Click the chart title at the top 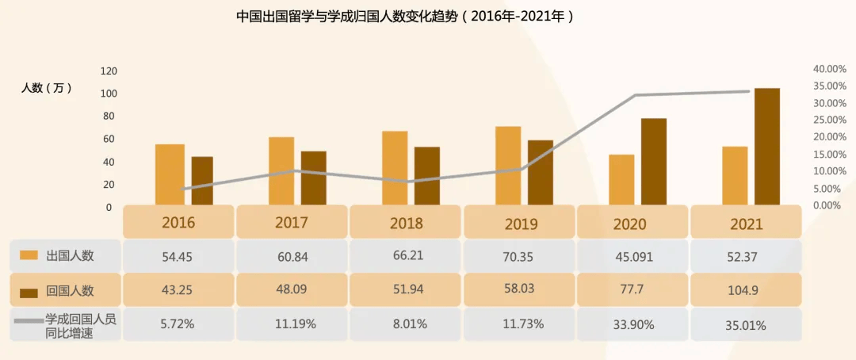tap(405, 16)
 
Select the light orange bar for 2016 tap(170, 174)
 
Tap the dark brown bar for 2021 tap(766, 146)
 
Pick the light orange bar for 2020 tap(621, 179)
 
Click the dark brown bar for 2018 tap(426, 175)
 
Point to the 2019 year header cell tap(521, 223)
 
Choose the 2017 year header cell tap(292, 223)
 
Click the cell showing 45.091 tap(632, 255)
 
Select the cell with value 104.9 tap(743, 290)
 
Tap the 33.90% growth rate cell tap(632, 324)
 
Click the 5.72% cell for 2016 tap(178, 324)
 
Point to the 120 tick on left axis tap(109, 71)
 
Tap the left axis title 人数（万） tap(47, 88)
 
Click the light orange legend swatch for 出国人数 tap(29, 255)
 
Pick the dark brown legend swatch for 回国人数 tap(29, 290)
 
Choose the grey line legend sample tap(27, 320)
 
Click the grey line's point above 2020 tap(636, 95)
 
